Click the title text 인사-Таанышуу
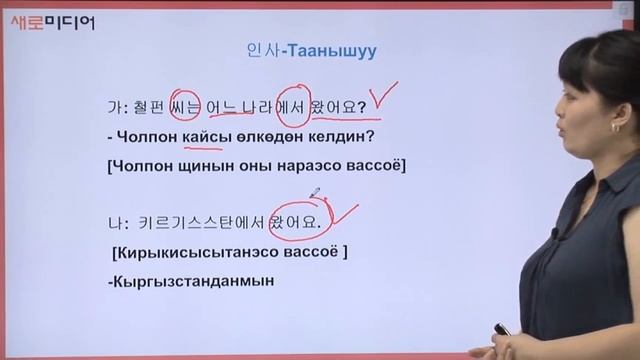pyautogui.click(x=316, y=48)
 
